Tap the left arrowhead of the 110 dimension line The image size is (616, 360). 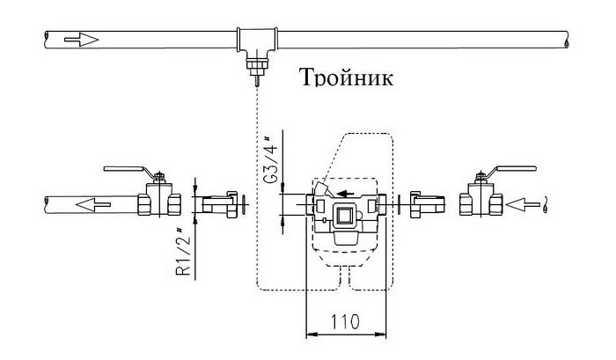click(x=309, y=334)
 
